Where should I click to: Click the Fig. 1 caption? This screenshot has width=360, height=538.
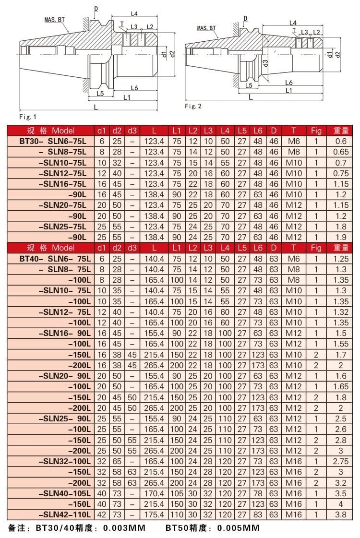(x=27, y=117)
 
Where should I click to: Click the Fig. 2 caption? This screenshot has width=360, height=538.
(x=193, y=106)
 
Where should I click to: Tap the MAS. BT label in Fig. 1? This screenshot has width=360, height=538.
(x=55, y=20)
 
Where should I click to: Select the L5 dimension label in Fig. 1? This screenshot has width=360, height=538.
(x=100, y=92)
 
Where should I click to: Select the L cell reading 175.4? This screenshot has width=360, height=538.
(x=154, y=514)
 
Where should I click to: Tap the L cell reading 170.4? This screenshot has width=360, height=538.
(x=154, y=493)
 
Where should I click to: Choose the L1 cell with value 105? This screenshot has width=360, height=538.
(x=177, y=493)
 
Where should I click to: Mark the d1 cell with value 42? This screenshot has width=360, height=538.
(x=101, y=514)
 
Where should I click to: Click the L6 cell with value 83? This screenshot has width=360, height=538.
(x=258, y=514)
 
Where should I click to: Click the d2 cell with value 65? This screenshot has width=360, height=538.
(x=117, y=461)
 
